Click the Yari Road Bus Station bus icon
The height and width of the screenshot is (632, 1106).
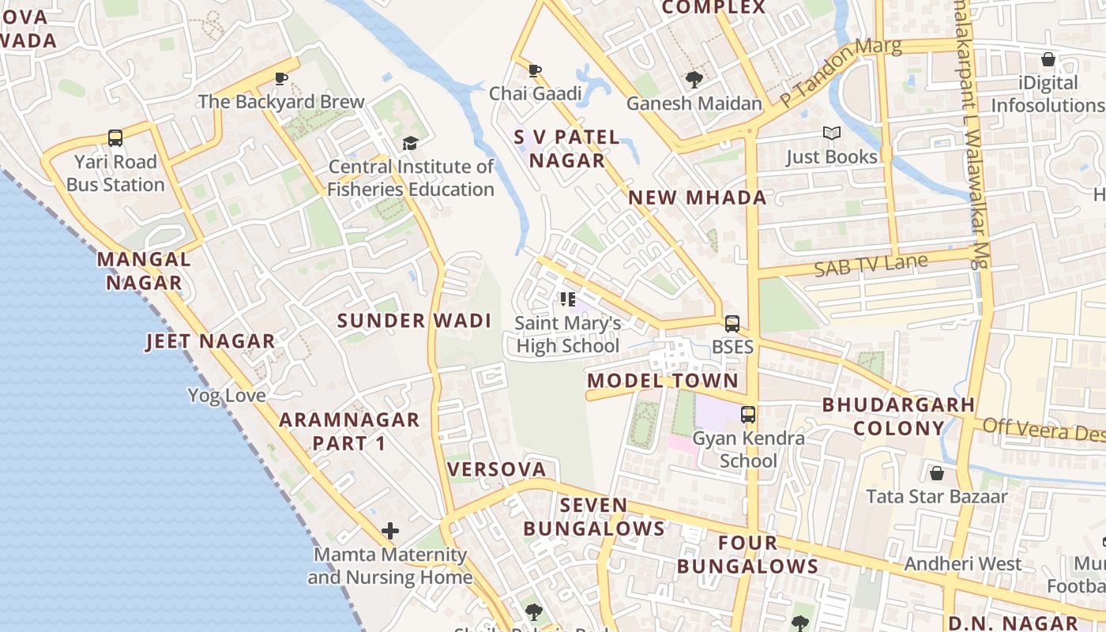coord(115,138)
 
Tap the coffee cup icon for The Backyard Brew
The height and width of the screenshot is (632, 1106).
coord(280,78)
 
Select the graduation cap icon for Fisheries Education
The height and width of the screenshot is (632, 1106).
coord(410,143)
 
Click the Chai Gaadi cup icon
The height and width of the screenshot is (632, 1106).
coord(535,70)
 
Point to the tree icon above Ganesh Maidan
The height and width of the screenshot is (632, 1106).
coord(694,79)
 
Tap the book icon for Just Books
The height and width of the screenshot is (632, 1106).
coord(831,134)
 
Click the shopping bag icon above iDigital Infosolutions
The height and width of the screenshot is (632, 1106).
coord(1048,59)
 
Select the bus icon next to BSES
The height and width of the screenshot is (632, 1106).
coord(732,323)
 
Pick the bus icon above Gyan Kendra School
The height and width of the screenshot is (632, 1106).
coord(747,414)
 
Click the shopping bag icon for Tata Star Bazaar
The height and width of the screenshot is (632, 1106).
coord(936,473)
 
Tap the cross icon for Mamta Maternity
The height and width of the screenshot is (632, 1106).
coord(390,531)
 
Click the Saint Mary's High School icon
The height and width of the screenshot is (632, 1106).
coord(567,299)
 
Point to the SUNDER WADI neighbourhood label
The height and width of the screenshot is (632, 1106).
coord(414,321)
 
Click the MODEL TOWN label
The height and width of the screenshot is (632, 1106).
coord(662,381)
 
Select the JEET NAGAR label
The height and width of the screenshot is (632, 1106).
coord(210,341)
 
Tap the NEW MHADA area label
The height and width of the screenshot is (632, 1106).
coord(697,197)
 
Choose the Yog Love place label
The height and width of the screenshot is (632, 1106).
coord(226,395)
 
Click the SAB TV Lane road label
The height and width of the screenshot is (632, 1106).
coord(871,265)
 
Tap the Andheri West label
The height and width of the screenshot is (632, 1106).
coord(962,564)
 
